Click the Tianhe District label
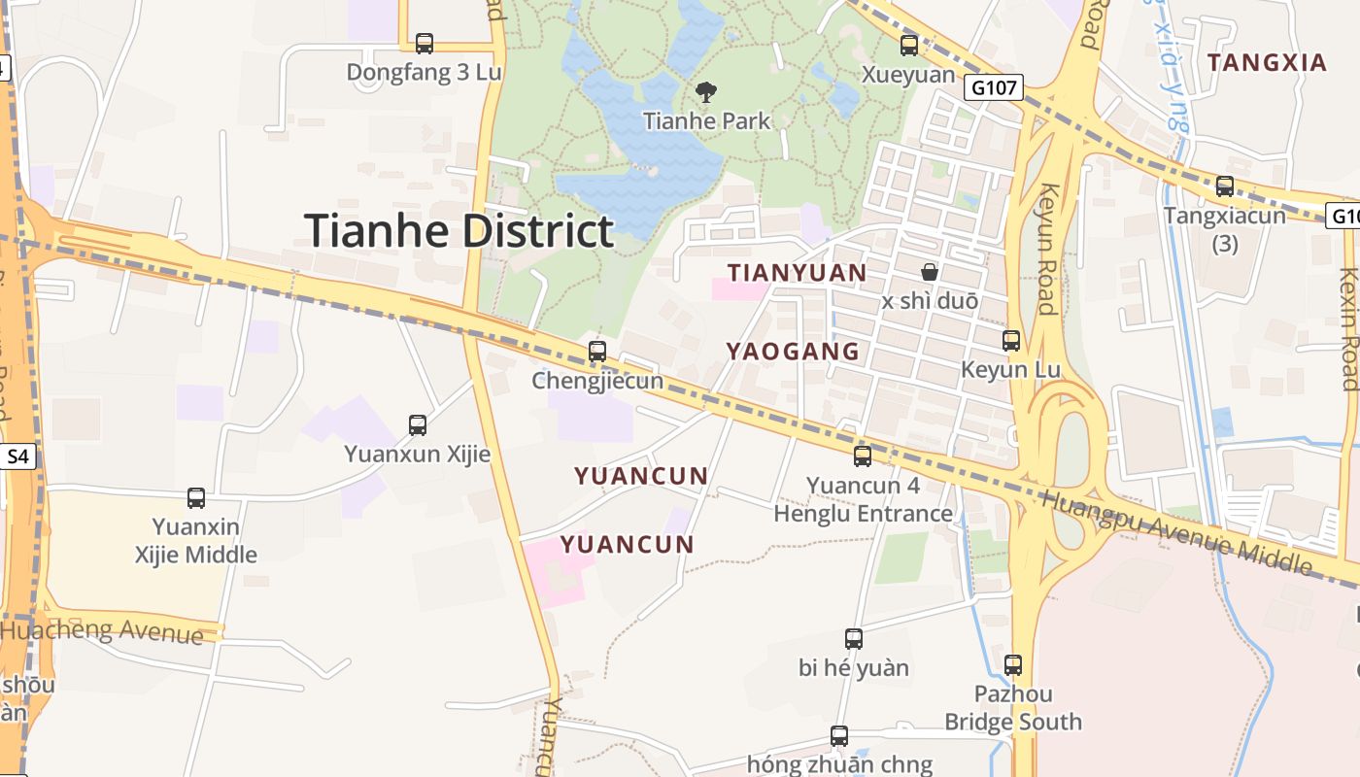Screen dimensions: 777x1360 point(459,231)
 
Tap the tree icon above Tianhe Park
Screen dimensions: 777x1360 point(706,92)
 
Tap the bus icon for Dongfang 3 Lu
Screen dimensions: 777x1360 point(424,44)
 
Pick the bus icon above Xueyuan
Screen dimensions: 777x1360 point(909,46)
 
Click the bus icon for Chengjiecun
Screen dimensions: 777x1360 point(597,352)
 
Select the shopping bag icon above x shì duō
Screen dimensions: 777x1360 point(930,272)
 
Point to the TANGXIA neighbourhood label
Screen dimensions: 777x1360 point(1267,63)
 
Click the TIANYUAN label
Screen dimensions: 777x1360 point(797,273)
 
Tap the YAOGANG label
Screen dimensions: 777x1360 point(793,352)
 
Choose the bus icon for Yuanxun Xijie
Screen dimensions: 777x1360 point(418,425)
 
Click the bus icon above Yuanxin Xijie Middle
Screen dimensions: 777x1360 point(196,498)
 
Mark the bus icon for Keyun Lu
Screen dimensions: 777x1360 point(1011,341)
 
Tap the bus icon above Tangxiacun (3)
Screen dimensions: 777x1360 point(1225,186)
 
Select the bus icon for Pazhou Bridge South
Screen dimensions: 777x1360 point(1013,665)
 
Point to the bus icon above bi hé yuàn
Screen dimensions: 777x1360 point(854,639)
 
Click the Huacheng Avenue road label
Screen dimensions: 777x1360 point(102,630)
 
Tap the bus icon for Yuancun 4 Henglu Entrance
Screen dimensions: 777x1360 point(863,456)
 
